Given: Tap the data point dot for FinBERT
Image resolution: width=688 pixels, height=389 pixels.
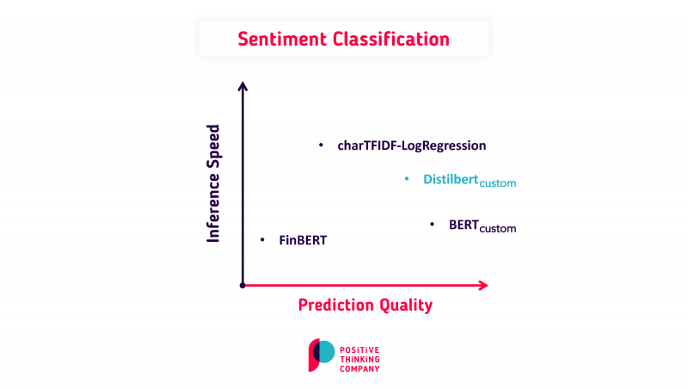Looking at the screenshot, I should click(262, 239).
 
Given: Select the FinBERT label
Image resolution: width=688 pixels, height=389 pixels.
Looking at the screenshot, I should click(303, 240).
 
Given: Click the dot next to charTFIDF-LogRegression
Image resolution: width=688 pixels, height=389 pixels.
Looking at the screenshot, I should click(321, 145).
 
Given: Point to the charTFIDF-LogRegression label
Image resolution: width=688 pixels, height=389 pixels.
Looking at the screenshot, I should click(412, 146).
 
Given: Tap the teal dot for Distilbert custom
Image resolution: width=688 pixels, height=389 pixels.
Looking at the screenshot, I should click(407, 179).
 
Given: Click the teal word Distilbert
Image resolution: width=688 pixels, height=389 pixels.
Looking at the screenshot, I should click(450, 179).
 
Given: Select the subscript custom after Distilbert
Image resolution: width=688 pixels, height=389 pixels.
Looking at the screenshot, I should click(497, 183).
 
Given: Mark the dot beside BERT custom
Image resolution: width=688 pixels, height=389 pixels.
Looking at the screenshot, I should click(432, 225).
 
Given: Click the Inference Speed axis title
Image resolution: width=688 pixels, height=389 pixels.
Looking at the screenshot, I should click(214, 183).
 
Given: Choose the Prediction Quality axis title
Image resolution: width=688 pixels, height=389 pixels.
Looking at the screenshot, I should click(365, 305).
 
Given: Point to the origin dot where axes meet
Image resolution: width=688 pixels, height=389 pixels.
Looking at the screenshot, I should click(243, 285).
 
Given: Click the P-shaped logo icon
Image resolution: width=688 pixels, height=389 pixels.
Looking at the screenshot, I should click(321, 355).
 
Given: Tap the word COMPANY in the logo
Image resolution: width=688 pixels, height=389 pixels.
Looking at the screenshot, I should click(360, 367).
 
